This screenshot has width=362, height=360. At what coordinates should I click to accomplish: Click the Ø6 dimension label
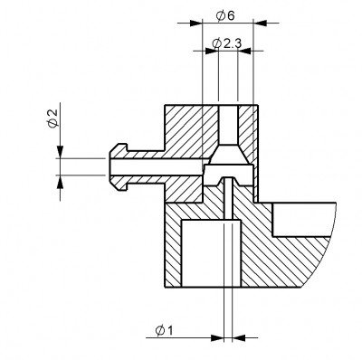(225, 15)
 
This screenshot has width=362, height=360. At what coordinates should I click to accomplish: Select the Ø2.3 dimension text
(226, 43)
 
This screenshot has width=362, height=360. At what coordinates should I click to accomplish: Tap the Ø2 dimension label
(52, 118)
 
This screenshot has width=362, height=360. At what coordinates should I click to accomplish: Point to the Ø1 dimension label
(164, 331)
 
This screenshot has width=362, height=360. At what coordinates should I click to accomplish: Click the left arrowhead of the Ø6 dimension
(196, 23)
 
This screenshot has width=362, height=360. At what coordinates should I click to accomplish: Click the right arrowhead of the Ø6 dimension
(260, 23)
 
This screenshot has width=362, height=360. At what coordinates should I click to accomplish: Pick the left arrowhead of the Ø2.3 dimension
(212, 51)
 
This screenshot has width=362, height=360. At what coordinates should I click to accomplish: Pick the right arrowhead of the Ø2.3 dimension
(244, 51)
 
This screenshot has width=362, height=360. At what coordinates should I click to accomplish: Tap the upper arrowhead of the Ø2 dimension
(61, 152)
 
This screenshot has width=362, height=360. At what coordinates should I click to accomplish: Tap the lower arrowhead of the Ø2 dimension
(61, 181)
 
